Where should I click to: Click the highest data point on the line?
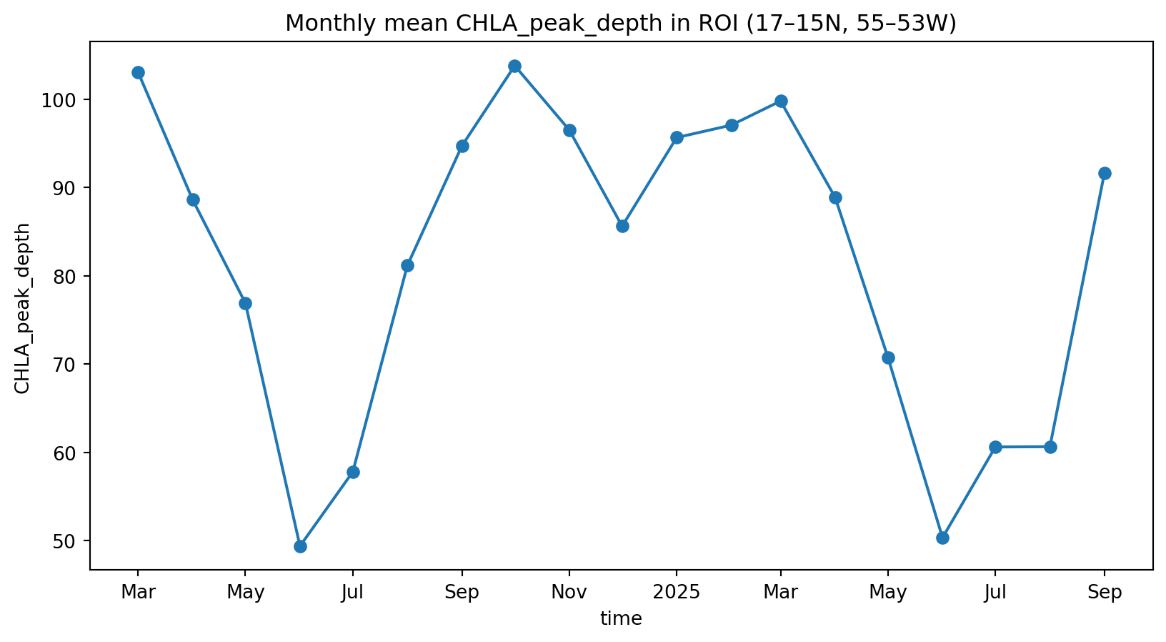pyautogui.click(x=514, y=66)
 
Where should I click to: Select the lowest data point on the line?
pyautogui.click(x=300, y=546)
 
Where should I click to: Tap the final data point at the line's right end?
pyautogui.click(x=1105, y=173)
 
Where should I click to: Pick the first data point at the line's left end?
pyautogui.click(x=138, y=72)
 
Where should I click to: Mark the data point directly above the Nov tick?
pyautogui.click(x=569, y=130)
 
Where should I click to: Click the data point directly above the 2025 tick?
pyautogui.click(x=677, y=137)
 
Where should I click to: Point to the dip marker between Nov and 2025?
pyautogui.click(x=622, y=226)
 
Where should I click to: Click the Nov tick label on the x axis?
pyautogui.click(x=569, y=592)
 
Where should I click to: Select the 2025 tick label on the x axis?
pyautogui.click(x=675, y=592)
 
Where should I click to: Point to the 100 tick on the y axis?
pyautogui.click(x=65, y=100)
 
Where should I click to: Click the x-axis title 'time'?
pyautogui.click(x=621, y=619)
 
